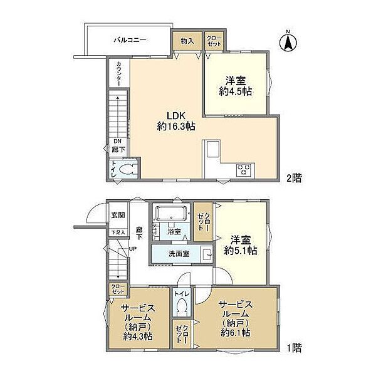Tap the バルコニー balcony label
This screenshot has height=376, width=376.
(130, 40)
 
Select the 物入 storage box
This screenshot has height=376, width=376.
(187, 41)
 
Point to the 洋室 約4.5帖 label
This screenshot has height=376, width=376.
(239, 86)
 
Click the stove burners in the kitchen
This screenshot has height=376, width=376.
(244, 169)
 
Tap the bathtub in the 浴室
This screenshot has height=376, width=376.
(169, 214)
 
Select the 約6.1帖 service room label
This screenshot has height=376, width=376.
(235, 320)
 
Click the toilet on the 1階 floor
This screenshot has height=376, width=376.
(182, 308)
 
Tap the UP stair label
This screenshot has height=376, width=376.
(133, 249)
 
